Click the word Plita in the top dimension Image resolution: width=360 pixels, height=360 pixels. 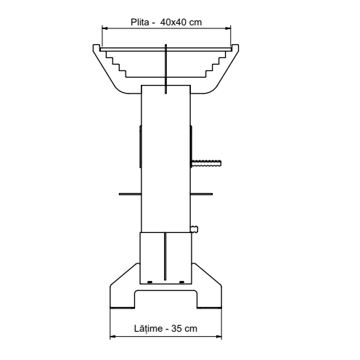pyautogui.click(x=138, y=21)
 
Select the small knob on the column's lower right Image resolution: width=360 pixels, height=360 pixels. pyautogui.click(x=194, y=230)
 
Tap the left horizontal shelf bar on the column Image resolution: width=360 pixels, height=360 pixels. pyautogui.click(x=130, y=194)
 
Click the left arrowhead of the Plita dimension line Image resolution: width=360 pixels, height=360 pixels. pyautogui.click(x=104, y=29)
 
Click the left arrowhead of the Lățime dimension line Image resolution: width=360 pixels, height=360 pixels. pyautogui.click(x=112, y=336)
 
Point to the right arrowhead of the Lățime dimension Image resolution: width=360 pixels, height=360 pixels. pyautogui.click(x=220, y=336)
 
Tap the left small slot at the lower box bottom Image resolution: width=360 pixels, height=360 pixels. pyautogui.click(x=150, y=281)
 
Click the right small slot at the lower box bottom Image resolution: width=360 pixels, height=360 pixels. pyautogui.click(x=181, y=281)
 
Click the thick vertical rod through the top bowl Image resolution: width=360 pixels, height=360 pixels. pyautogui.click(x=166, y=69)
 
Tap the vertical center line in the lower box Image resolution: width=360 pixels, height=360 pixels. pyautogui.click(x=165, y=258)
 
